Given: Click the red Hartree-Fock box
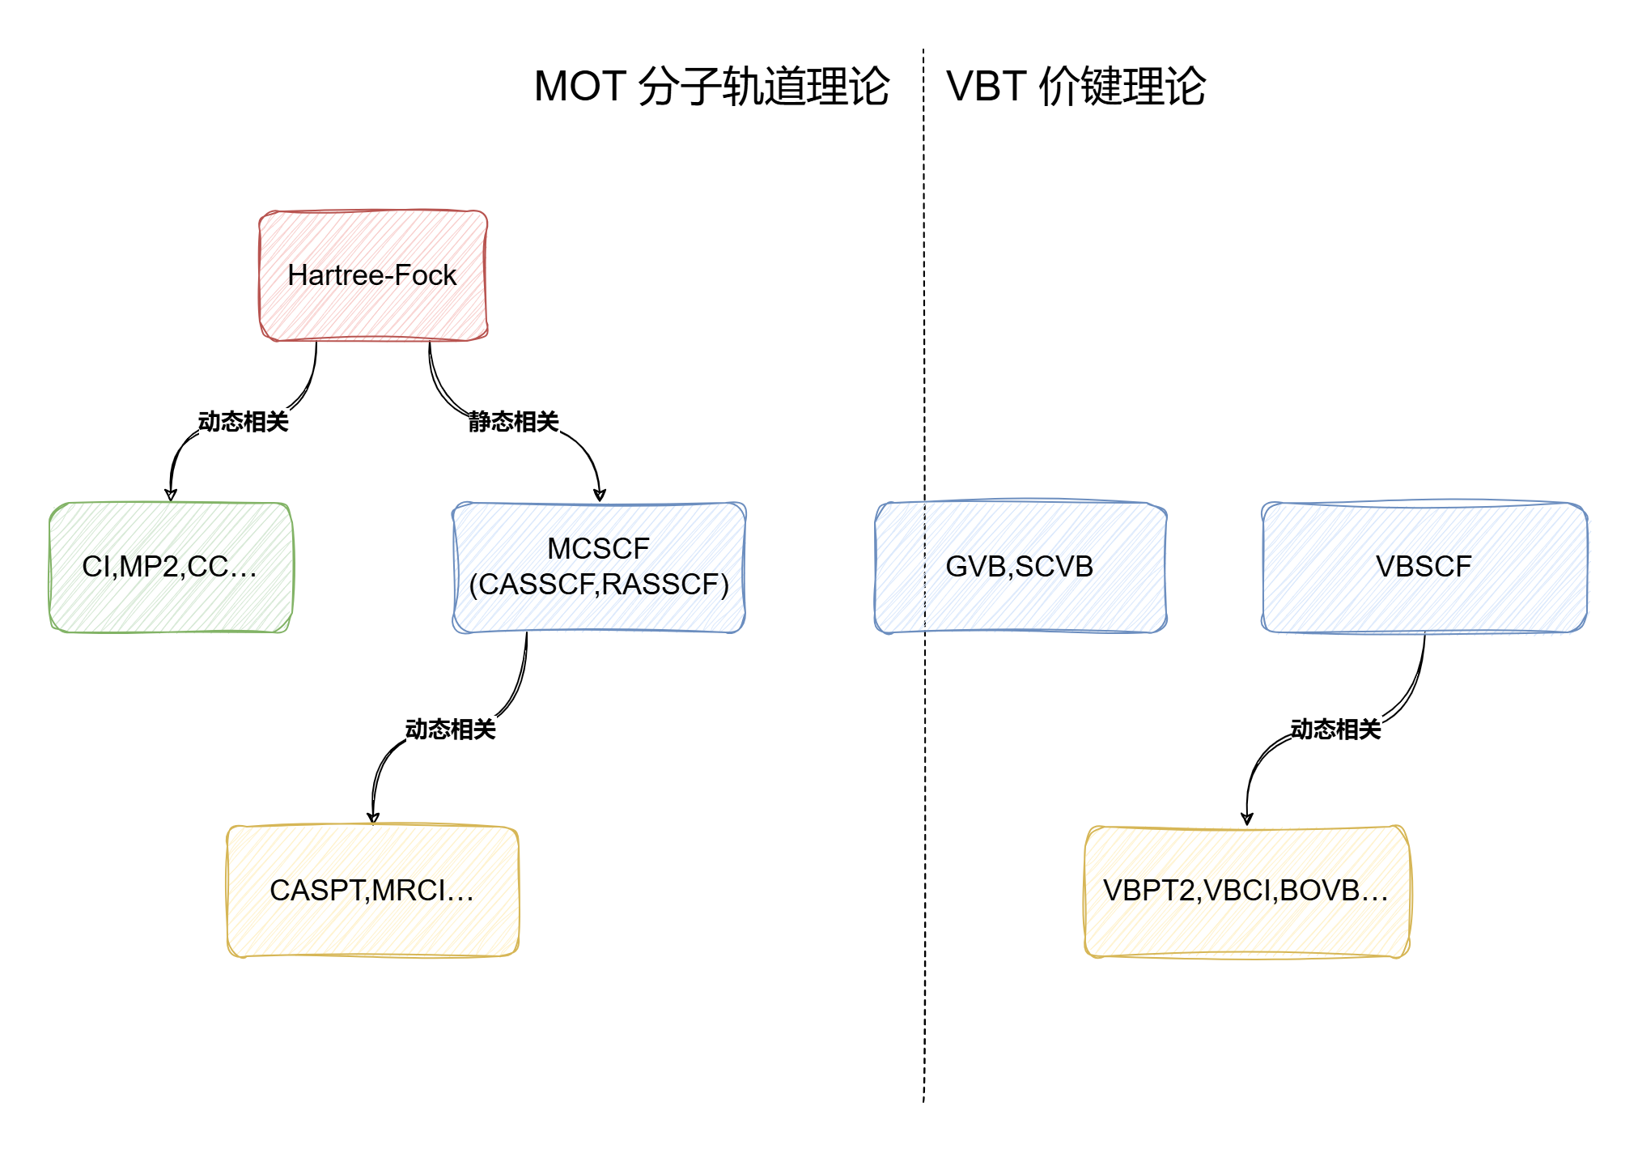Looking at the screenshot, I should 372,275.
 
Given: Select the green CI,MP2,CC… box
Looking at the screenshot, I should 170,567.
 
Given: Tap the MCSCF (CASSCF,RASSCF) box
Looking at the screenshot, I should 599,567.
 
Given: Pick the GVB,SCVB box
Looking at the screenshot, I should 1020,567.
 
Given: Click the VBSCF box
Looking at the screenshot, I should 1424,567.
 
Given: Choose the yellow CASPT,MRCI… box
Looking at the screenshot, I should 372,891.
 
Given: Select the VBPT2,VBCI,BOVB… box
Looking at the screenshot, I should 1246,891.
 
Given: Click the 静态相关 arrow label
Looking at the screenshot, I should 513,422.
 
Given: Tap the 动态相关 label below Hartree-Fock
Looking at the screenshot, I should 243,422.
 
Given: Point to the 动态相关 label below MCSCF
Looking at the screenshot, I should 450,730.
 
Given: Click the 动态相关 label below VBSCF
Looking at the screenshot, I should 1335,730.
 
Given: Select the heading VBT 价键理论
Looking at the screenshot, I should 1076,87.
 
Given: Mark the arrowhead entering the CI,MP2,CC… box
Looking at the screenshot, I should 170,495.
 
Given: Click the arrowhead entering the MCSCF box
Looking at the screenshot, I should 600,495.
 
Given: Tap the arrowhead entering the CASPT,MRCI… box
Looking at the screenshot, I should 373,818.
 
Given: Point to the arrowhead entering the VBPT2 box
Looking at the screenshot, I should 1247,819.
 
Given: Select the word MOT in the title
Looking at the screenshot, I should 580,87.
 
